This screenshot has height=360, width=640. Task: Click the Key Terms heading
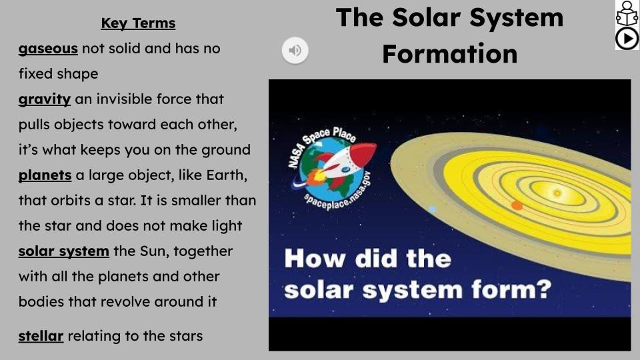pos(138,23)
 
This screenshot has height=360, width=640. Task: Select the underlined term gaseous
pos(48,49)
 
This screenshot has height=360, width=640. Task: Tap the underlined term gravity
pos(44,99)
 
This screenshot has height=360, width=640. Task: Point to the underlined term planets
pos(45,175)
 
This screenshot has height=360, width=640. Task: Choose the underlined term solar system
pos(63,251)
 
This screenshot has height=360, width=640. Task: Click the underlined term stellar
pos(41,335)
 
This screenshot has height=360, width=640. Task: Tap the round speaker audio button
pos(295,50)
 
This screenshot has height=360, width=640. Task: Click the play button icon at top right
pos(627,39)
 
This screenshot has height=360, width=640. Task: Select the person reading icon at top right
pos(627,13)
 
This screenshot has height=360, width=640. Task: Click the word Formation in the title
pos(449,53)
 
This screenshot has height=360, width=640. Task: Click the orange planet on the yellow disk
pos(517,205)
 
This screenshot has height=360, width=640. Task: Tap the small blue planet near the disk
pos(432,209)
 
